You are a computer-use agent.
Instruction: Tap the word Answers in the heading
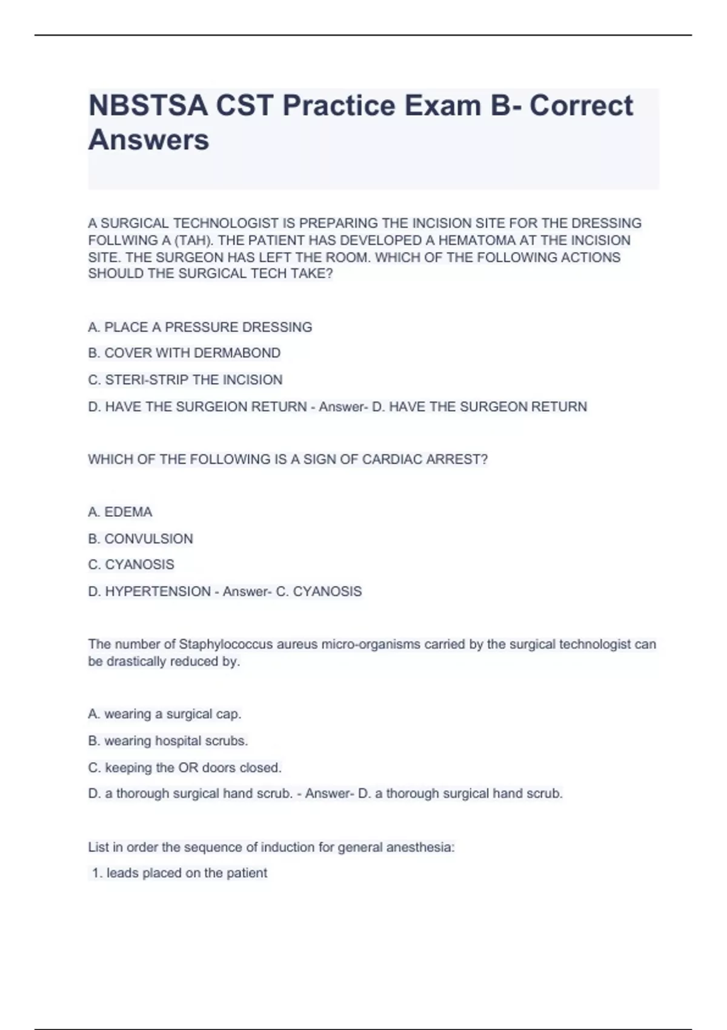click(148, 139)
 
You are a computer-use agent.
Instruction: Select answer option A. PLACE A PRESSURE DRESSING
click(200, 327)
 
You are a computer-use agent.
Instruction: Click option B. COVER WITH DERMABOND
click(184, 353)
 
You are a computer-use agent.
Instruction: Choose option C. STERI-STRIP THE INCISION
click(185, 380)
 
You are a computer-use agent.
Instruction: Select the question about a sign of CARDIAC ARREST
click(288, 459)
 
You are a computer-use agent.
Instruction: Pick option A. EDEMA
click(120, 512)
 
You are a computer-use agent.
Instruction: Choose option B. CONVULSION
click(141, 539)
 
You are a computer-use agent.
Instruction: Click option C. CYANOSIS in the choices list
click(131, 565)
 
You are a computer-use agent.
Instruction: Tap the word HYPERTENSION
click(158, 591)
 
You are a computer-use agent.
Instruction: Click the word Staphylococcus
click(225, 644)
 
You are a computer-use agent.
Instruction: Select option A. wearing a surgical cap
click(165, 714)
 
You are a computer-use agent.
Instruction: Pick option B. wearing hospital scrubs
click(168, 741)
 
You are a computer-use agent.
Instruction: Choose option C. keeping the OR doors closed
click(185, 768)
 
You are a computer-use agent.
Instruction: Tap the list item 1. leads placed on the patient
click(179, 873)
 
